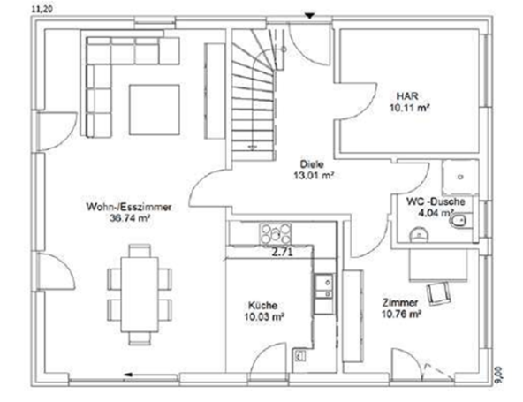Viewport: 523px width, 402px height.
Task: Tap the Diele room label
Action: pyautogui.click(x=309, y=163)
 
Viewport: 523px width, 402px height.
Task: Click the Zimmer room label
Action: pyautogui.click(x=399, y=301)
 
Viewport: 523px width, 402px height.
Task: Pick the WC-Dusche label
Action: pyautogui.click(x=429, y=202)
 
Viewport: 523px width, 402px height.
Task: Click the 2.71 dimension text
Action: pyautogui.click(x=282, y=253)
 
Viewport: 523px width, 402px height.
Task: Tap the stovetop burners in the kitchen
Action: pyautogui.click(x=275, y=233)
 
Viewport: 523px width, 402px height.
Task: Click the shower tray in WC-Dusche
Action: pyautogui.click(x=460, y=176)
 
